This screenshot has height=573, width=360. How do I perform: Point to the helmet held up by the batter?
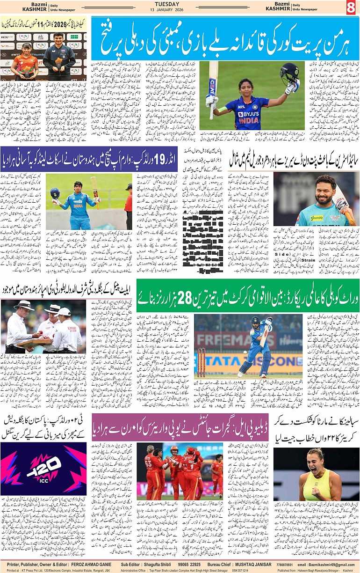click(x=290, y=73)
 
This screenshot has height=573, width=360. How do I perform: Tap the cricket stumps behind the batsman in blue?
click(x=202, y=361)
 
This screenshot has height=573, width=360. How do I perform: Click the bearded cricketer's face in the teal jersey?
click(x=319, y=193)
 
